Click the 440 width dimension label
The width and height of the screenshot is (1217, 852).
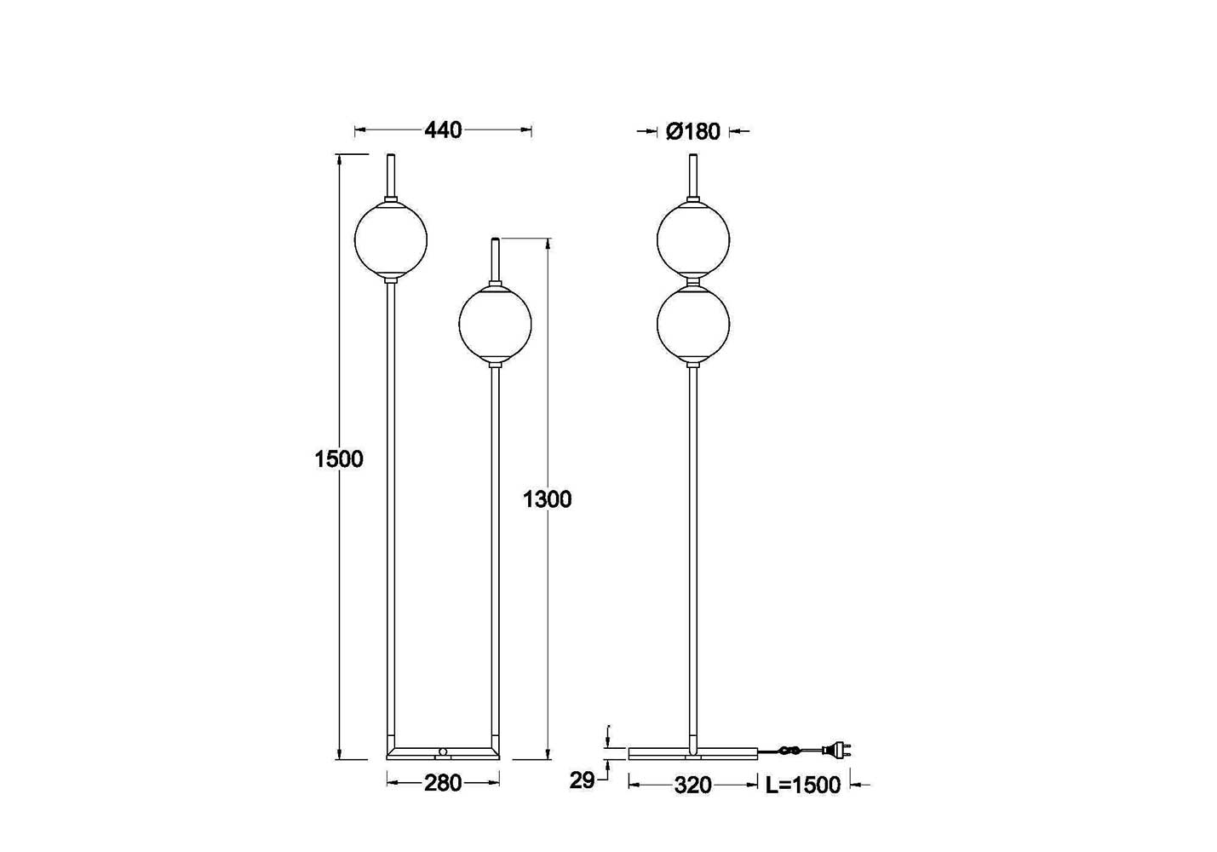tap(443, 130)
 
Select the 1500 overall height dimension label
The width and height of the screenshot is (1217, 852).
tap(338, 459)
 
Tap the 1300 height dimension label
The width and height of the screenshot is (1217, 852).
tap(547, 499)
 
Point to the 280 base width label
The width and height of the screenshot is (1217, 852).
tap(443, 783)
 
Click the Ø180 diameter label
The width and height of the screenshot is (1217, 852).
tap(692, 131)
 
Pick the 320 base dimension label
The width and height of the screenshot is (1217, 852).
tap(692, 786)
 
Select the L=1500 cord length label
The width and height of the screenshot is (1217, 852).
tap(803, 786)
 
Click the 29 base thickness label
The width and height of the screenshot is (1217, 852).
tap(582, 780)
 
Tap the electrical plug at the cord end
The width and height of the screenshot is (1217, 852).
tap(836, 751)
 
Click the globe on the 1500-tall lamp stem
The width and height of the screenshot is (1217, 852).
tap(391, 239)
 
